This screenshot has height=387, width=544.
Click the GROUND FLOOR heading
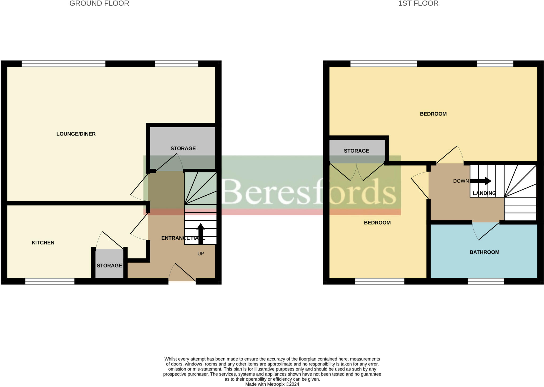[x=99, y=3]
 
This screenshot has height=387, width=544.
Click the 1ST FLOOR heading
[x=418, y=3]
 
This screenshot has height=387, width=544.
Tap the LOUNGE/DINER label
[x=76, y=134]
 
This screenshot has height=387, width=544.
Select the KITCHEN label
[x=43, y=243]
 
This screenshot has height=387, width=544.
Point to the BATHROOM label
[x=484, y=252]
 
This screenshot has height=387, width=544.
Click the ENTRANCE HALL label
[x=183, y=238]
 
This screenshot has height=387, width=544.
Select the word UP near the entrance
[x=201, y=254]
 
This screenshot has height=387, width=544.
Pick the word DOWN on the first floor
[x=461, y=181]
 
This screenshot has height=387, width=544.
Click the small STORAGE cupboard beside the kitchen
[x=109, y=265]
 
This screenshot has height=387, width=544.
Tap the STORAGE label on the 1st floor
[x=356, y=151]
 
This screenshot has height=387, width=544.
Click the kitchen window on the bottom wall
[x=50, y=281]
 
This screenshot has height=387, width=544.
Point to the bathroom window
[x=486, y=281]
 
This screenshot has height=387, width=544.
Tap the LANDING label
[x=484, y=193]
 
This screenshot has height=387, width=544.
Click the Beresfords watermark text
[x=308, y=191]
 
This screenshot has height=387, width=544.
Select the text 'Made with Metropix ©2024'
[x=272, y=384]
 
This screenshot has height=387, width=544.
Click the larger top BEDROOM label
[x=433, y=114]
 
